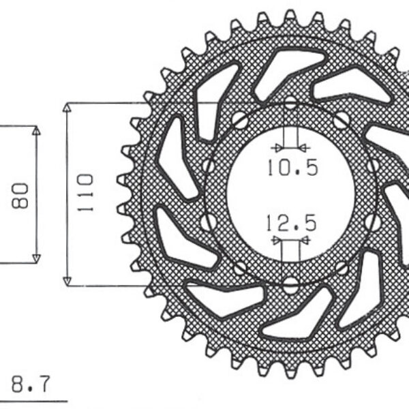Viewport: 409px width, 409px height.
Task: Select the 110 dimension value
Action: (85, 193)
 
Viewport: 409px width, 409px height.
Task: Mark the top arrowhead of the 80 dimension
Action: (36, 130)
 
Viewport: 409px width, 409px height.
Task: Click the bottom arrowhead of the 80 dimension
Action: (36, 258)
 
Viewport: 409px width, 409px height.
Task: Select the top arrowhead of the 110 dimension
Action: (67, 108)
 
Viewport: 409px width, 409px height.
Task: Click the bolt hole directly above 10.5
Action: (291, 104)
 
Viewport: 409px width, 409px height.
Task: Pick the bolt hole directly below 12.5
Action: (291, 283)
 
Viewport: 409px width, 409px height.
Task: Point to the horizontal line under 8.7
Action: (34, 399)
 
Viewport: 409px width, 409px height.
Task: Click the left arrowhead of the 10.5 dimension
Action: (275, 147)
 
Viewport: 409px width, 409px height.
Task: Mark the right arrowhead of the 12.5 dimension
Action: (305, 241)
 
